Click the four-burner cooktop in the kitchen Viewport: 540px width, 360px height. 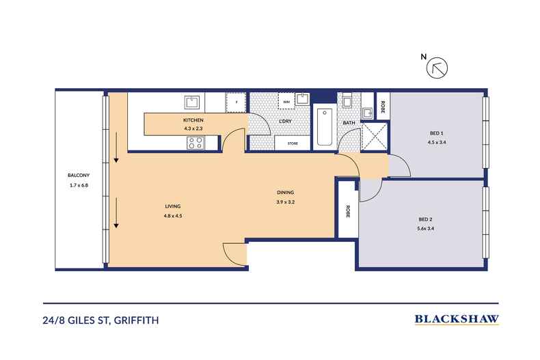[194, 143]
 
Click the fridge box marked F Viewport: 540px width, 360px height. [237, 102]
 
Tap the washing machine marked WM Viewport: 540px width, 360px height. [286, 102]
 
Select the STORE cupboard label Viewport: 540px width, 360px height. [293, 143]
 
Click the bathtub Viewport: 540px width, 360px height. [325, 127]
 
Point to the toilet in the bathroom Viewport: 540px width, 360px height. [347, 102]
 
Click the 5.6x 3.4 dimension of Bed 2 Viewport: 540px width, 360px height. [427, 228]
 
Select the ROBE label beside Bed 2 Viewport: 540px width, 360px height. [347, 211]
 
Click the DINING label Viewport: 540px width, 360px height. [285, 193]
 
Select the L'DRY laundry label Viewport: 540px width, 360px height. [286, 122]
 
